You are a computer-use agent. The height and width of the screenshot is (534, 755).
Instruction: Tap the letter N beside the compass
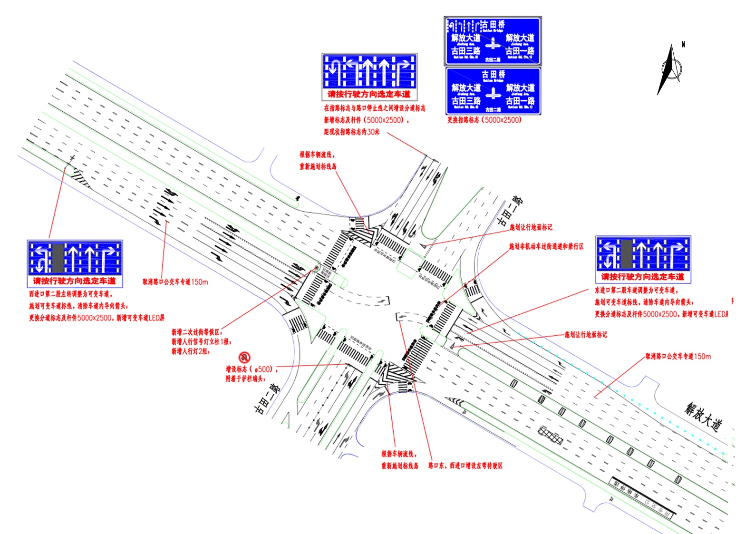click(683, 44)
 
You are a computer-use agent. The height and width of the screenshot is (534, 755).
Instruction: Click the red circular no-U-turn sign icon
click(244, 357)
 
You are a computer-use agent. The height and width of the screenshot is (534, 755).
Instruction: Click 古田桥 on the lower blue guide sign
click(494, 74)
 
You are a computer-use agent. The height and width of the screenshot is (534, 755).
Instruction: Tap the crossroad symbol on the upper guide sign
click(493, 44)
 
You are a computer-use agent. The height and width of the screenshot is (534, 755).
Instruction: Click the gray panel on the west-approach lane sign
click(58, 258)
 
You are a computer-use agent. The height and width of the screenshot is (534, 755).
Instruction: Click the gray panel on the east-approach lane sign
click(626, 254)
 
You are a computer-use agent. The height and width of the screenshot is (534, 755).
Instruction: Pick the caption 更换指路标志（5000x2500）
click(484, 120)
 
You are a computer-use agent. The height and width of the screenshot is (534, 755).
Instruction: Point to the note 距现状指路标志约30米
click(352, 132)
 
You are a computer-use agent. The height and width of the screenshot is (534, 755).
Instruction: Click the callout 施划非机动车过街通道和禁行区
click(546, 246)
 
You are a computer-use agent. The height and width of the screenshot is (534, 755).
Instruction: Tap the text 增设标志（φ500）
click(251, 369)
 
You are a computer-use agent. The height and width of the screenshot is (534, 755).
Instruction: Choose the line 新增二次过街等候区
click(196, 332)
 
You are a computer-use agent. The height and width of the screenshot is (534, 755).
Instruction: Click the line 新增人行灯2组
click(191, 351)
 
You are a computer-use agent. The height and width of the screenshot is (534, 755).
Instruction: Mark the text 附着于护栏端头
click(245, 379)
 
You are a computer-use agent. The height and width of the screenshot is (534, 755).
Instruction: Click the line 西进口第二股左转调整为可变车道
click(70, 294)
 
